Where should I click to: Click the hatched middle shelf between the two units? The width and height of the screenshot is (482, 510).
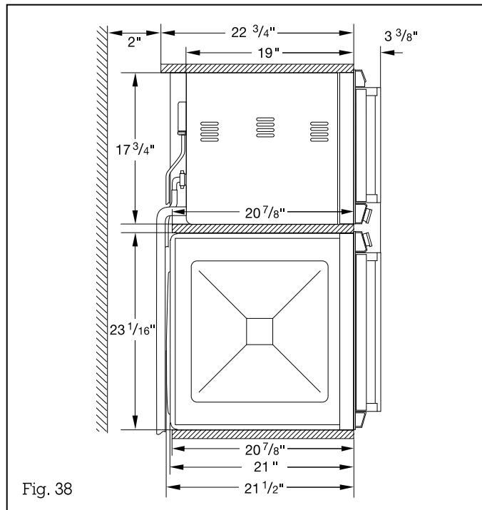point(261,228)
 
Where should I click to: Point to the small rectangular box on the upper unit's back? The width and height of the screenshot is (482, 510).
point(180,117)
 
